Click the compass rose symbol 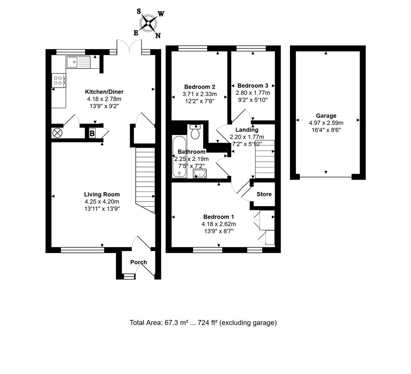tap(148, 24)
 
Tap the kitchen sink tap(78, 62)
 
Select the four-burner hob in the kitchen tap(58, 80)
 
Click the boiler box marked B tap(92, 133)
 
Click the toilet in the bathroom tap(196, 132)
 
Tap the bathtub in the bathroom tap(179, 157)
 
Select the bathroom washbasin tap(200, 173)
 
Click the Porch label tap(138, 262)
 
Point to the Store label tap(264, 194)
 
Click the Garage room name tap(326, 116)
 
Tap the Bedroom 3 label tap(252, 86)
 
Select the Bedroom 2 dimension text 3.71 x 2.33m tap(199, 94)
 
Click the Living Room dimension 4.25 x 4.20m tap(102, 202)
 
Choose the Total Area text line tap(203, 323)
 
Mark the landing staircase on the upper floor tap(265, 159)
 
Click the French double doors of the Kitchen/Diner tap(129, 46)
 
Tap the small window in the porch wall tap(129, 276)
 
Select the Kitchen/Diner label tap(104, 92)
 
